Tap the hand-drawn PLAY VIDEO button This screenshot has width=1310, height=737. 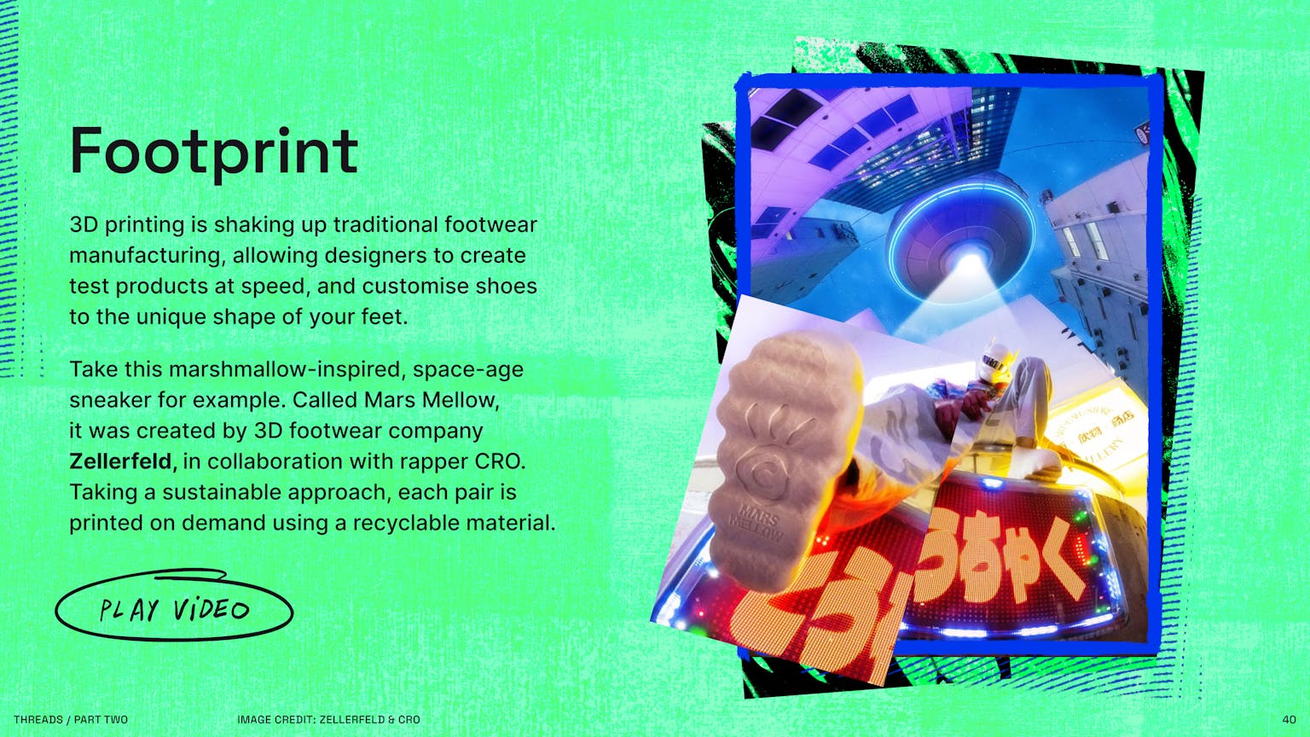tap(174, 605)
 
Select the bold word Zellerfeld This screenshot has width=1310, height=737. tap(123, 461)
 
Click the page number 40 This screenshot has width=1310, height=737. tap(1289, 719)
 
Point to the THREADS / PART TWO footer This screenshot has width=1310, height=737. tap(71, 719)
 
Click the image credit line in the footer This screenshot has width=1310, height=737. tap(328, 719)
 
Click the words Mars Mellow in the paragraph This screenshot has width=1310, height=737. tap(432, 400)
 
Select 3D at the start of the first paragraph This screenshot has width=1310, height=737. tap(84, 224)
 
